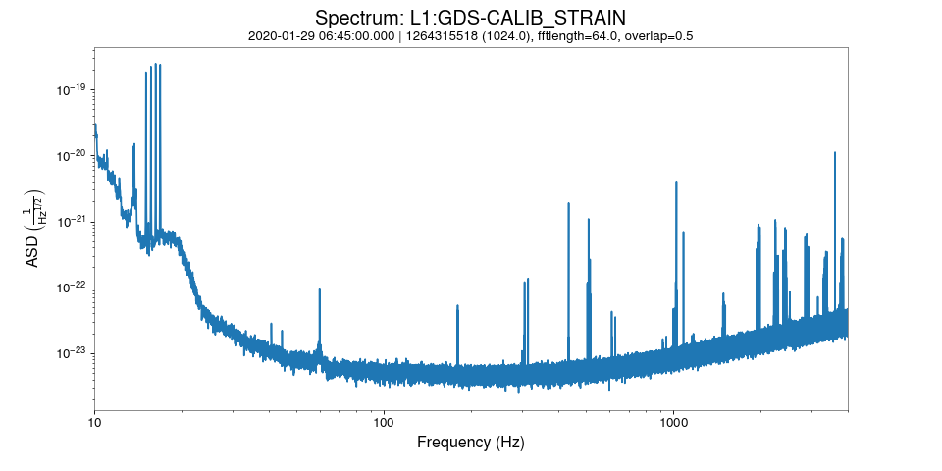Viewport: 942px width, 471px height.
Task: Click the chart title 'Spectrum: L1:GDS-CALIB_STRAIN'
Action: [470, 18]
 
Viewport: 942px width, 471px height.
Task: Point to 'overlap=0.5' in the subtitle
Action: [658, 36]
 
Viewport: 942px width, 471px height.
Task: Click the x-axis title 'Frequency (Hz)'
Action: [470, 443]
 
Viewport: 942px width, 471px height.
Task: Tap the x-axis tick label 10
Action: [94, 423]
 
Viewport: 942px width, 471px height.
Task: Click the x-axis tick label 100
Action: [384, 423]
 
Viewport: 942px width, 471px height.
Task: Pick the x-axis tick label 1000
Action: [673, 423]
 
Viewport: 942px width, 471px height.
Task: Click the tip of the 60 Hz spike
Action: [320, 289]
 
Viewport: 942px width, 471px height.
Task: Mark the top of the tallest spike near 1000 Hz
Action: [676, 182]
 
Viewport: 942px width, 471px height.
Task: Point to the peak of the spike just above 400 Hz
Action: [569, 203]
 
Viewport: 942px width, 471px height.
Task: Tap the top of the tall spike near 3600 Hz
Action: [835, 153]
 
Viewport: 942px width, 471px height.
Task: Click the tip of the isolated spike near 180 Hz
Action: [457, 305]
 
